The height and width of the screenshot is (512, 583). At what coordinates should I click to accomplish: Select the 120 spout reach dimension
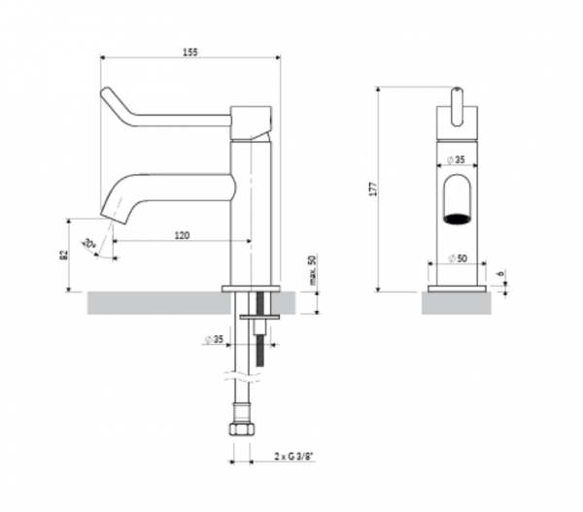point(182,234)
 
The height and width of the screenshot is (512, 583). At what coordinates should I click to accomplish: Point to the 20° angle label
point(89,244)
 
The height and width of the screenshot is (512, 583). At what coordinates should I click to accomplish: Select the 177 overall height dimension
point(372,188)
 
